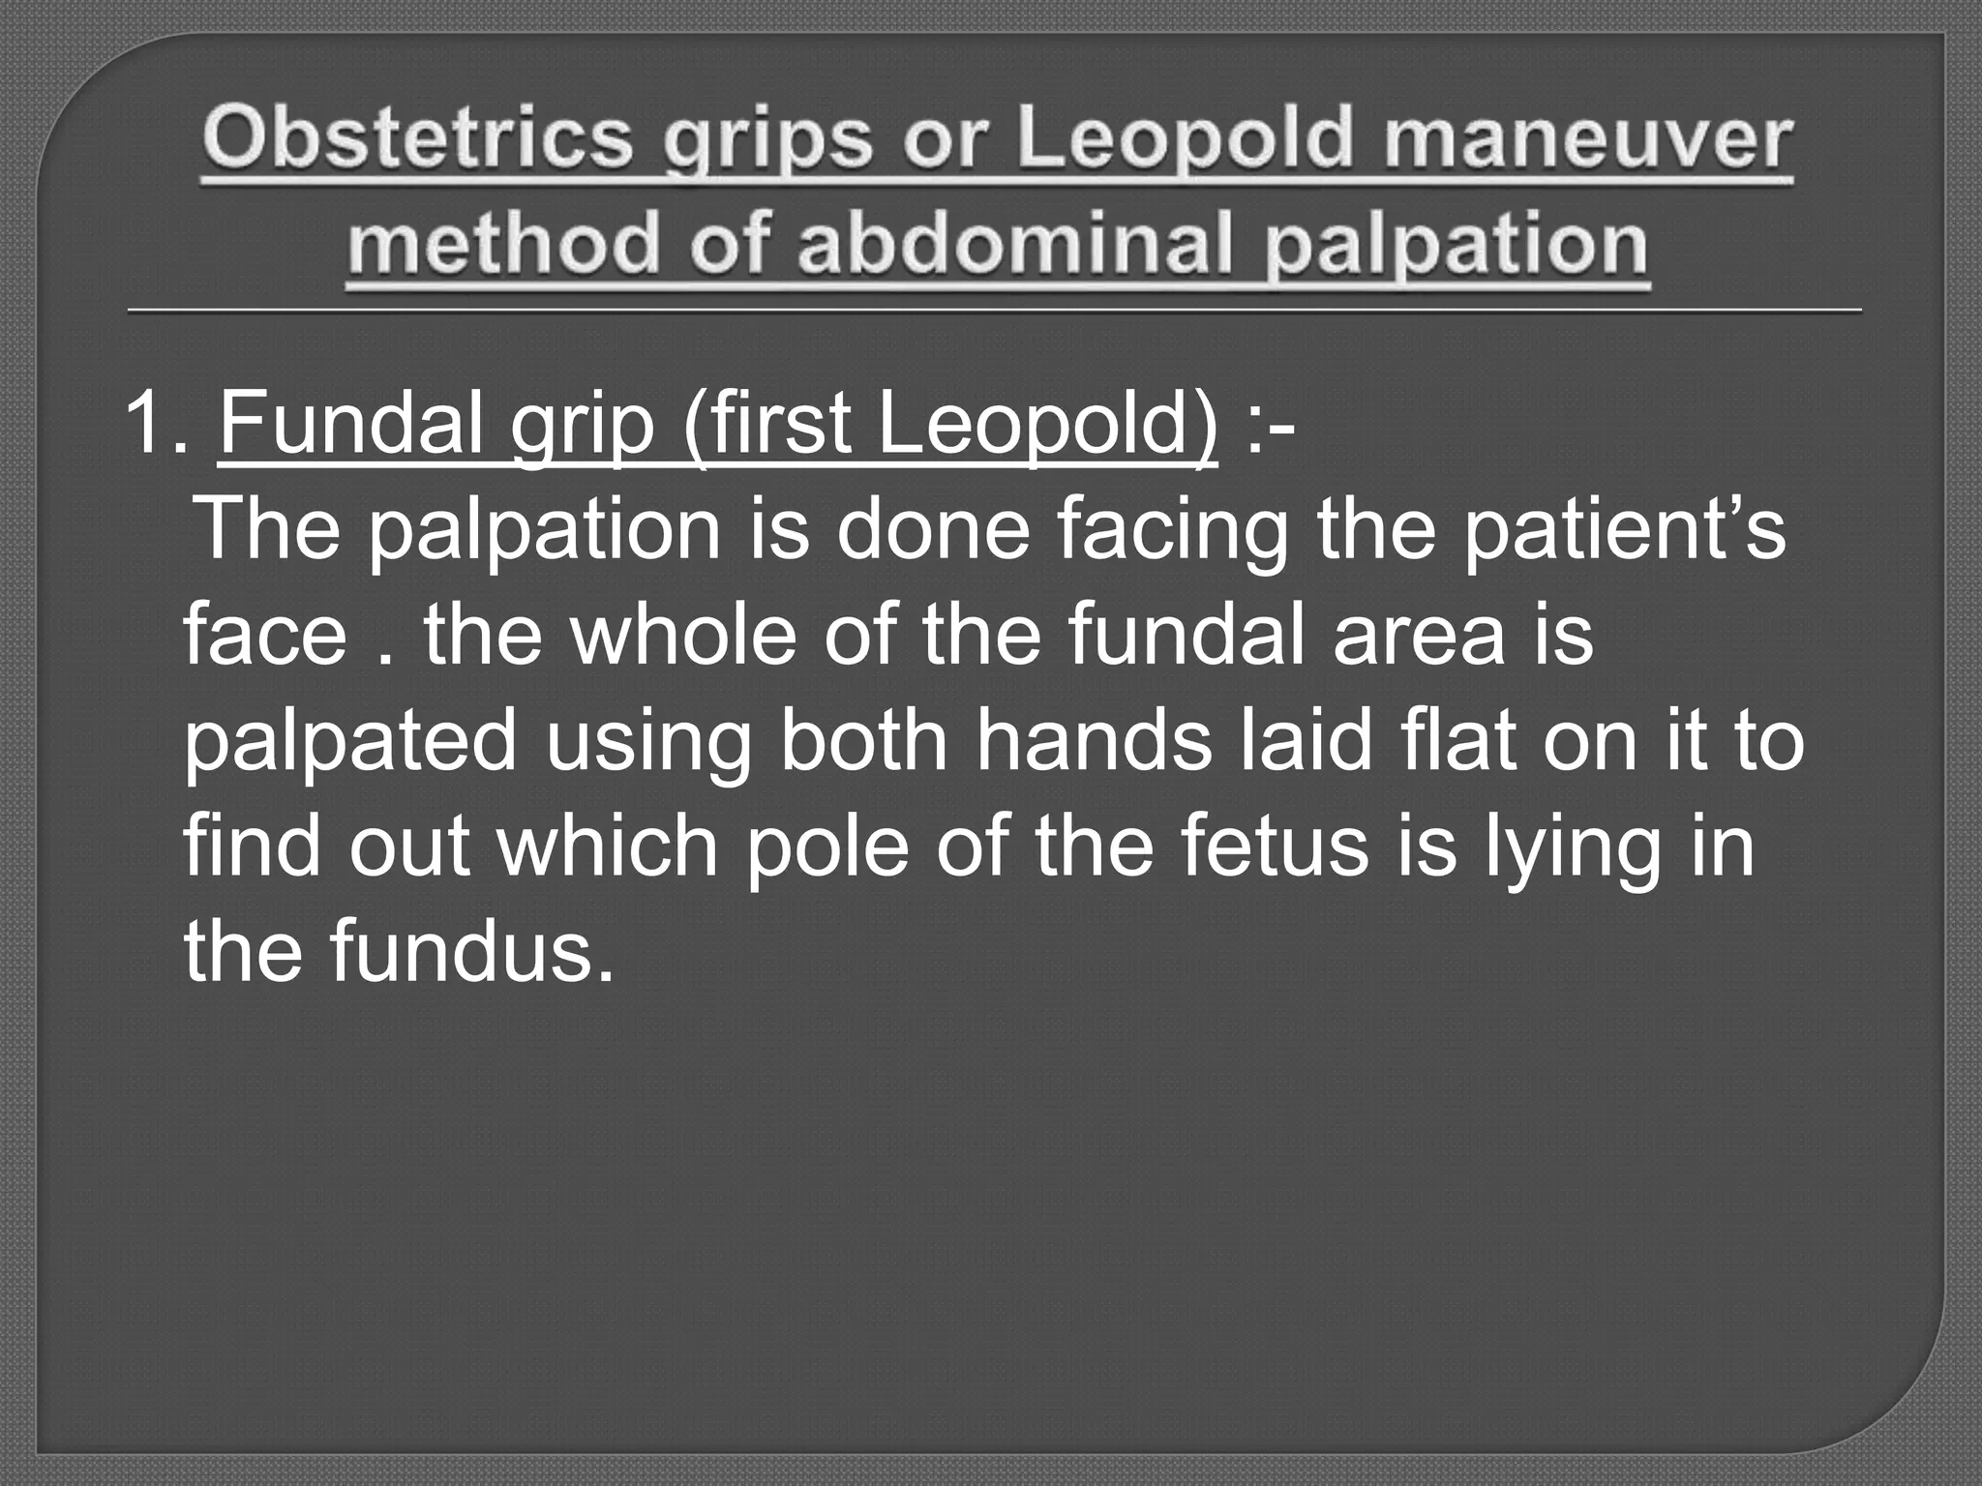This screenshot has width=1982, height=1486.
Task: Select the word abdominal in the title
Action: pos(1017,244)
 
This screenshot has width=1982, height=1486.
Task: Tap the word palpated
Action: pos(349,743)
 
